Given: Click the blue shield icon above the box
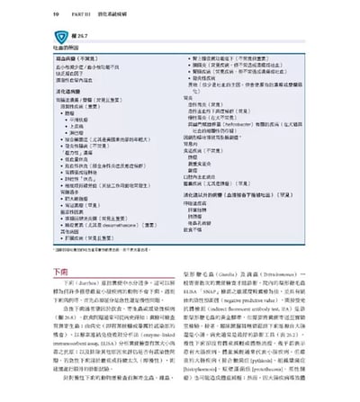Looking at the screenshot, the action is point(60,31).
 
